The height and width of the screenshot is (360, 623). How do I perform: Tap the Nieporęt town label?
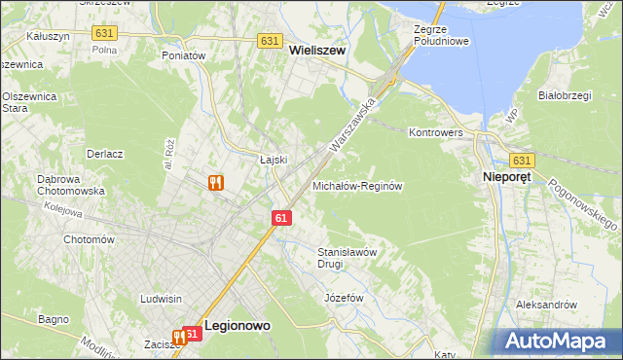(511, 178)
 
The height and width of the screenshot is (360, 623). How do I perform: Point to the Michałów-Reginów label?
(357, 185)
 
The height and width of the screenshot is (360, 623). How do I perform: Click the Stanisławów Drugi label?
(346, 258)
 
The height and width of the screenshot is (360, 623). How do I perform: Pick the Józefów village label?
(343, 296)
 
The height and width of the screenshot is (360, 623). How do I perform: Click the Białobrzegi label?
(567, 95)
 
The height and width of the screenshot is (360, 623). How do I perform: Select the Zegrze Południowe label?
(442, 36)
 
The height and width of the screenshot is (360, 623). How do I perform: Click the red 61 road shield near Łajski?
(280, 219)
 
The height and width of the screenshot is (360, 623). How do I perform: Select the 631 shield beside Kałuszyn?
(104, 33)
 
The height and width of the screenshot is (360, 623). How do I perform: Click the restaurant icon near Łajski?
(216, 182)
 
